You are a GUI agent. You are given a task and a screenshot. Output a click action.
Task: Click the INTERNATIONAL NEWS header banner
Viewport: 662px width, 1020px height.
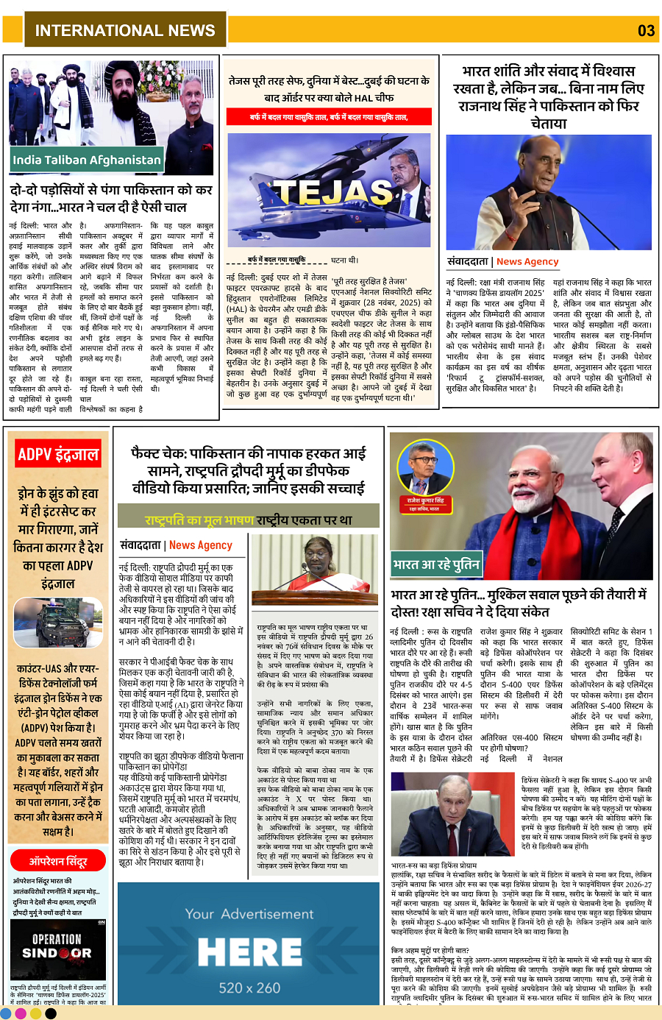coord(125,30)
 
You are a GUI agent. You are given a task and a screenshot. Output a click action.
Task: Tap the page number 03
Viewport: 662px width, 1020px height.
coord(646,30)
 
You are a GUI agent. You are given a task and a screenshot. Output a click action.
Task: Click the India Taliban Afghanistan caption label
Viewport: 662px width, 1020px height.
coord(86,160)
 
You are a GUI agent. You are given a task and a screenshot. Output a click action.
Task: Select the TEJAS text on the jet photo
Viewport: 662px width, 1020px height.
coord(324,191)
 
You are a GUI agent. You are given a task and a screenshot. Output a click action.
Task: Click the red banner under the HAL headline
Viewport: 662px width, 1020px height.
coord(328,117)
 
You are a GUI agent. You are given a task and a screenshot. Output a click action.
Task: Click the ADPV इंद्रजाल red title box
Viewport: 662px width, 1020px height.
coord(58,454)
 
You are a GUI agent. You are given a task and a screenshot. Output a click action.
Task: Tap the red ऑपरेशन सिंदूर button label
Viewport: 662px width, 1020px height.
coord(58,860)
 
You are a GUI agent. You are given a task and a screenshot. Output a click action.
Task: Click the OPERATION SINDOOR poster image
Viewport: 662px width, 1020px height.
coord(58,949)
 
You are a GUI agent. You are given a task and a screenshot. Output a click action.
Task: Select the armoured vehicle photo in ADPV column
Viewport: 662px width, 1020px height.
coord(58,622)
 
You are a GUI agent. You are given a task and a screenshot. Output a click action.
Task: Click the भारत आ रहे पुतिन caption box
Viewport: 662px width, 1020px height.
coord(436,564)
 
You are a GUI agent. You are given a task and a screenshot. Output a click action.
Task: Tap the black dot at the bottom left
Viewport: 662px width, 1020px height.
coord(51,1013)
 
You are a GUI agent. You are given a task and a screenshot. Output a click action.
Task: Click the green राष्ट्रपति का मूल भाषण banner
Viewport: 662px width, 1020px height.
coord(249,520)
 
